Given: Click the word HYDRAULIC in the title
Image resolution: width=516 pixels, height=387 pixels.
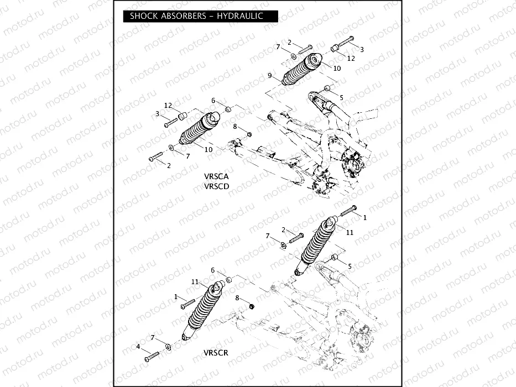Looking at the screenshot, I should coord(239,16).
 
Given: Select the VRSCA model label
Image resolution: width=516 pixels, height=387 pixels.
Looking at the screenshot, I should coord(216,176).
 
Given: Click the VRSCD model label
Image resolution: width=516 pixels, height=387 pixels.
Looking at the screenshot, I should coord(216,187).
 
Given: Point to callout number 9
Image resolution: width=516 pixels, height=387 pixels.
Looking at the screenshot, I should coord(269,75).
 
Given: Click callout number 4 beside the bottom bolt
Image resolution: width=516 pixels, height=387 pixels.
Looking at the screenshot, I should coord(138,347).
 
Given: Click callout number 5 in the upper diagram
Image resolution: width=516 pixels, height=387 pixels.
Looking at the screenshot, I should coord(341,97).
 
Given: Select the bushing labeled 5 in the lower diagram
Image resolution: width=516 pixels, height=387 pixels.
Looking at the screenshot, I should coord(334,258).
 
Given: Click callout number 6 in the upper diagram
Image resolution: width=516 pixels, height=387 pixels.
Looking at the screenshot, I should coord(213,100).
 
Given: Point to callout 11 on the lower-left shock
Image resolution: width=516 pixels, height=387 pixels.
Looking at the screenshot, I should coord(195,281).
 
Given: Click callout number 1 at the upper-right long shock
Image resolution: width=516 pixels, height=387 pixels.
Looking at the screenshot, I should coord(364,218).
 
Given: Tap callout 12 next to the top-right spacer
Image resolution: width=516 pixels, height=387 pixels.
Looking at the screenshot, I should coord(351,57).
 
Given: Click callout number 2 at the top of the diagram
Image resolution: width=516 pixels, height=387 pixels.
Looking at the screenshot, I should coord(289,43).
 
